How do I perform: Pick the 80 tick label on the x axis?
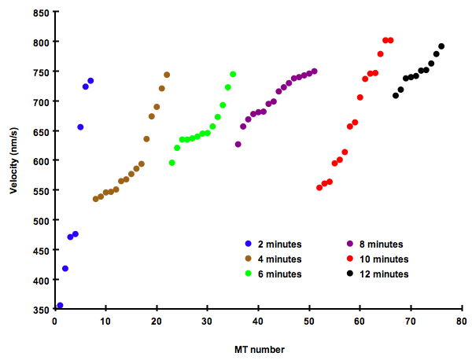click(x=462, y=321)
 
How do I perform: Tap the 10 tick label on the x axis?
click(x=105, y=321)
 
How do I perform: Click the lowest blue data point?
click(x=60, y=306)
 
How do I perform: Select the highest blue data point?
click(x=90, y=81)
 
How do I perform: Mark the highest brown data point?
click(x=167, y=75)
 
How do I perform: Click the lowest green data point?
click(x=171, y=163)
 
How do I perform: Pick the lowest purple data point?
click(x=238, y=145)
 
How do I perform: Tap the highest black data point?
click(x=441, y=46)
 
